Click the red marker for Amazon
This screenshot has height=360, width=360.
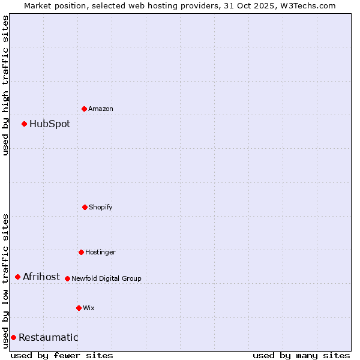coord(84,109)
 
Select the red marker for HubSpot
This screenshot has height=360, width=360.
coord(24,124)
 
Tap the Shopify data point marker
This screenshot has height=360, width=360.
coord(85,207)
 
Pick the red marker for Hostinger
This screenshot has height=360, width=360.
coord(81,252)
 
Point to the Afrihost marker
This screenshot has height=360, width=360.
coord(17,277)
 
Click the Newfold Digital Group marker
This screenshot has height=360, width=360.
coord(67,278)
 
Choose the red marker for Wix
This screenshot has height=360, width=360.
coord(79,308)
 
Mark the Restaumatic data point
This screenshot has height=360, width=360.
coord(13,337)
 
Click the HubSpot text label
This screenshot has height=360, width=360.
coord(50,124)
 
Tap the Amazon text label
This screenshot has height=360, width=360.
coord(101,109)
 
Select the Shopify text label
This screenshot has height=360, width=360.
coord(101,208)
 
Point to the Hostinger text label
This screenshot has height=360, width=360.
coord(100,253)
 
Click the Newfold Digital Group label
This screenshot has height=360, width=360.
coord(106,279)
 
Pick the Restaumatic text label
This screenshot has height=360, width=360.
coord(48,338)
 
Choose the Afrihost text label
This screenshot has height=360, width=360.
coord(41,277)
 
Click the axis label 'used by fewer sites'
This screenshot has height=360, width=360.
coord(62,355)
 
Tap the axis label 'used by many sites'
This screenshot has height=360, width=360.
coord(301,355)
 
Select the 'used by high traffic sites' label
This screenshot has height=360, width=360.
coord(5,85)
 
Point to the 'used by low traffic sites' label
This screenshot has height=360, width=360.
coord(5,280)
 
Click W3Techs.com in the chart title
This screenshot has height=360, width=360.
coord(310,5)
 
